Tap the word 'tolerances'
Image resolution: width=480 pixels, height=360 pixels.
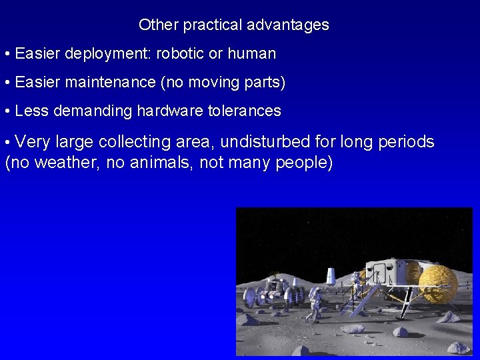coord(245,111)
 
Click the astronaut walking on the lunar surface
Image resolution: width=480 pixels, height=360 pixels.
coord(313,301)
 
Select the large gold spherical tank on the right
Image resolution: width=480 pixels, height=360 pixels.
coord(439,284)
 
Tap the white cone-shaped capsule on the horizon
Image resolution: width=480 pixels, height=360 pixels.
coord(331,275)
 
